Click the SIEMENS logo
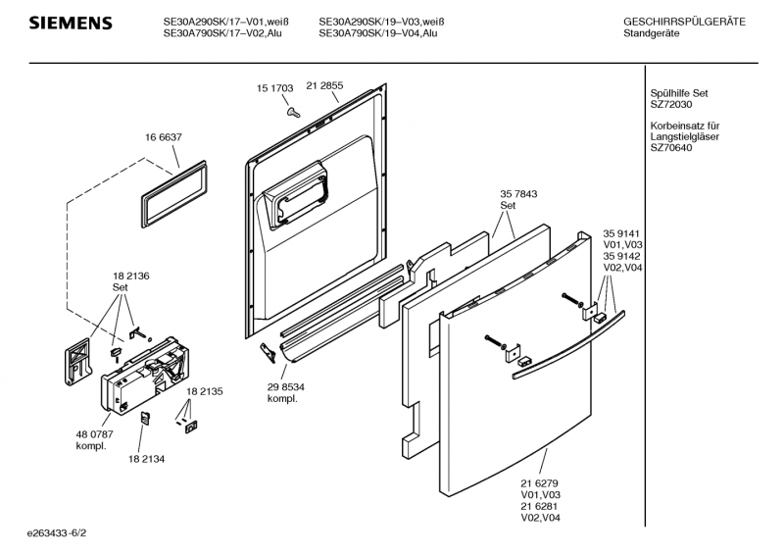pyautogui.click(x=70, y=23)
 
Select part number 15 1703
pyautogui.click(x=275, y=88)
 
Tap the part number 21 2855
pyautogui.click(x=324, y=85)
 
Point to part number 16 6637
pyautogui.click(x=165, y=137)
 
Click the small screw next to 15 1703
pyautogui.click(x=292, y=112)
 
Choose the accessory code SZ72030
pyautogui.click(x=671, y=104)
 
